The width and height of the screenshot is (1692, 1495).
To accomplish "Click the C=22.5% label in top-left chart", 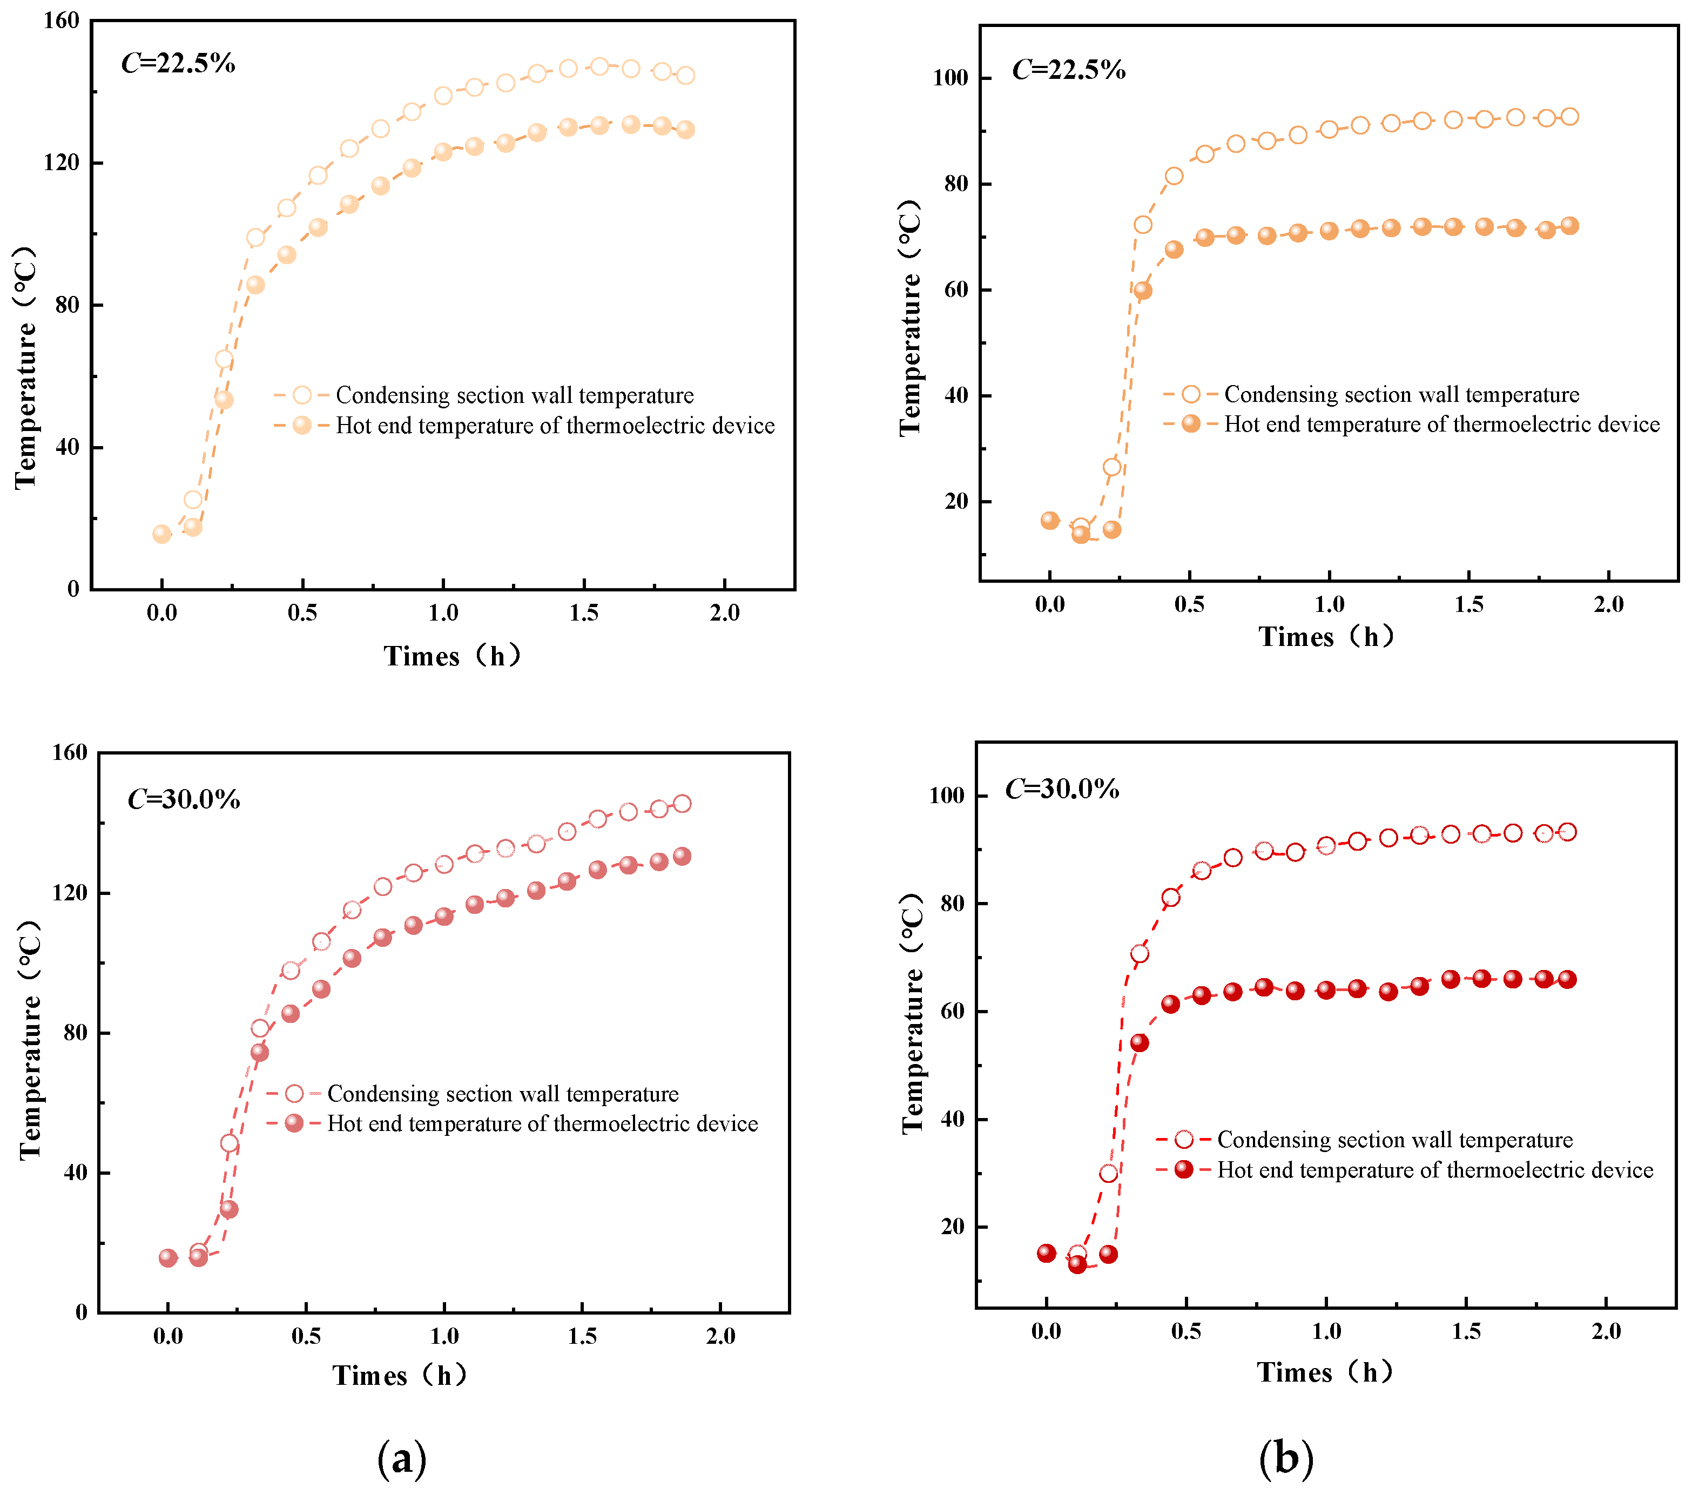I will (x=178, y=63).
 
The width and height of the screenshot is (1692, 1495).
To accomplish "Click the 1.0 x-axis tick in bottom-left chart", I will (x=444, y=1336).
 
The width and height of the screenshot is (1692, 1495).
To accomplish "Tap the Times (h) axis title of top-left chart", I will (x=452, y=656).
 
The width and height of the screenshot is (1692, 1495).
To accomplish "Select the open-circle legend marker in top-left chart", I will (x=302, y=395).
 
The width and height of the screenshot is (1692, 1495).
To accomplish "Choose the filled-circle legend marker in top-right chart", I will (x=1190, y=424).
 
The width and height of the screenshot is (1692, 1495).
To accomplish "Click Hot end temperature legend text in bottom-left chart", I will (x=542, y=1123).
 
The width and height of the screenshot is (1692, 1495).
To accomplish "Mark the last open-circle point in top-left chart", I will (x=685, y=75).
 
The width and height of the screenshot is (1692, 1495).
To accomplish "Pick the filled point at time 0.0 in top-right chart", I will (x=1050, y=520).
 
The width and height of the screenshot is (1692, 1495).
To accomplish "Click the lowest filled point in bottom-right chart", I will (x=1077, y=1264).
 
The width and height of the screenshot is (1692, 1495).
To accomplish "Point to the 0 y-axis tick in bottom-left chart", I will (x=81, y=1312).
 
